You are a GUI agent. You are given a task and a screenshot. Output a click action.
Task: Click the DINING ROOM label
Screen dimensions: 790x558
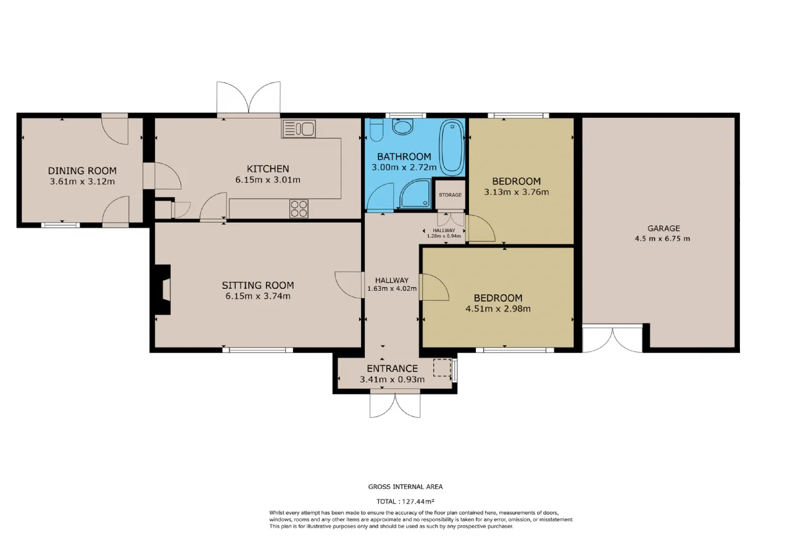[82, 171]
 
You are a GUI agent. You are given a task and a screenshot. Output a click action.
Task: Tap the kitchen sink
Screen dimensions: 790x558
[298, 129]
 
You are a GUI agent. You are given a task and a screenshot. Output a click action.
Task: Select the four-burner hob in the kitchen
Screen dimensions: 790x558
[299, 209]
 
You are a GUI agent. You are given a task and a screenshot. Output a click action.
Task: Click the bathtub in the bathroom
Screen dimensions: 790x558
[451, 148]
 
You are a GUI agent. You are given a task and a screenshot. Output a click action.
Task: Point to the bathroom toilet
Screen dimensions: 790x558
[376, 130]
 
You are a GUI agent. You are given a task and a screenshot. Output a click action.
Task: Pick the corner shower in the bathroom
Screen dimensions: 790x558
[416, 194]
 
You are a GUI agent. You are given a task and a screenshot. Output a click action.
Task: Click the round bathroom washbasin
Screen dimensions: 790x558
[402, 127]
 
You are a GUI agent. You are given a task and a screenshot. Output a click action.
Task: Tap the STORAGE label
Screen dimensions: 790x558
[450, 194]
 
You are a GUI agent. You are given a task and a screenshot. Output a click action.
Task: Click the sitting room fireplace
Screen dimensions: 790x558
[163, 289]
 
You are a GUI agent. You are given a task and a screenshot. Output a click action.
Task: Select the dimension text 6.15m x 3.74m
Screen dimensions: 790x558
[258, 296]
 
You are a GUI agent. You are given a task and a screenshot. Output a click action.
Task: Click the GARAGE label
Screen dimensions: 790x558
[663, 228]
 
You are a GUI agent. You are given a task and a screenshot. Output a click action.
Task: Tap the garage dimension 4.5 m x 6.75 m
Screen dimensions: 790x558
[662, 238]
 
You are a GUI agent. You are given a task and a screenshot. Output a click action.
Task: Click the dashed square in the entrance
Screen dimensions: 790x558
[442, 367]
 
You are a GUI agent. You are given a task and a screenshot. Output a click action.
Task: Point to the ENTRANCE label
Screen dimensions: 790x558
[392, 369]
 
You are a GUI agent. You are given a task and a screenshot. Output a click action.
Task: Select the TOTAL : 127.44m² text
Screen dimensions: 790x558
[405, 501]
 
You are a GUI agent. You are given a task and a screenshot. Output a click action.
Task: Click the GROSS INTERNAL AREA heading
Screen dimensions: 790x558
[405, 487]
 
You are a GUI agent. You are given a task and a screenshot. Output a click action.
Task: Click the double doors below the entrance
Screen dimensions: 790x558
[395, 405]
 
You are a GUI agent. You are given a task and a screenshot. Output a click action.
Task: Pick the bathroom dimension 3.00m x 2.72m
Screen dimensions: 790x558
[404, 167]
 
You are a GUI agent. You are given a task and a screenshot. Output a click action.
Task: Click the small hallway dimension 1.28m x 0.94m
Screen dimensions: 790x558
[444, 236]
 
